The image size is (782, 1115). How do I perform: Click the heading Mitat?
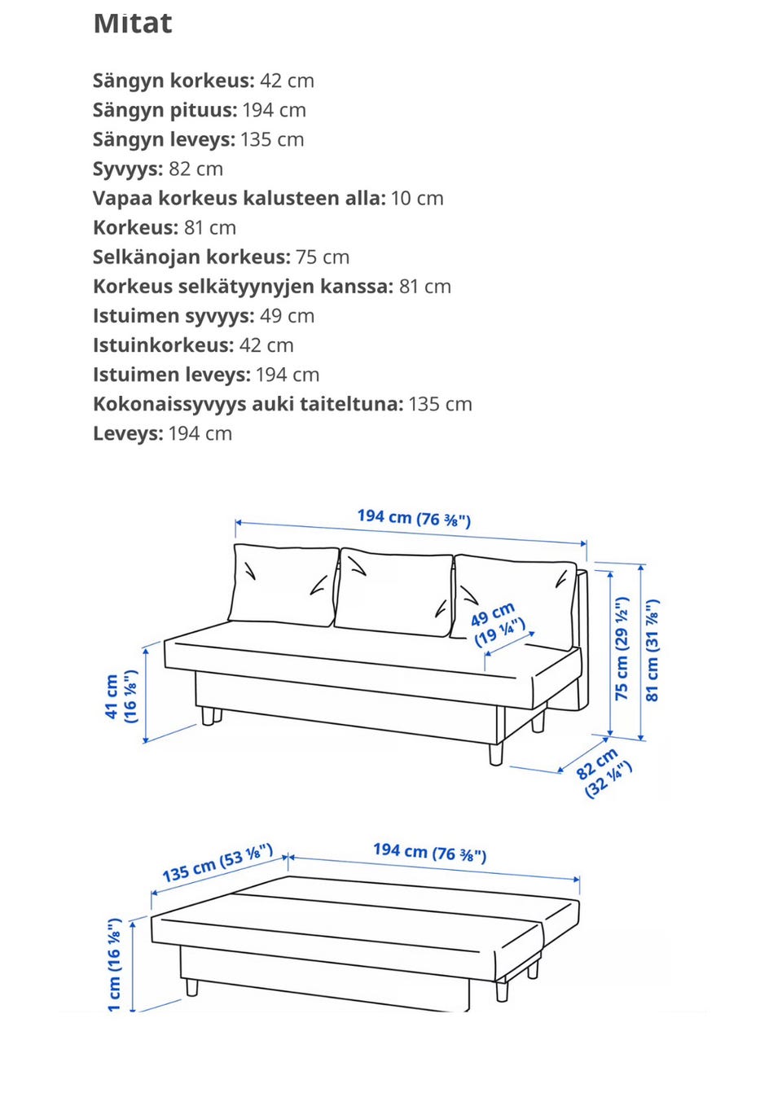(x=133, y=24)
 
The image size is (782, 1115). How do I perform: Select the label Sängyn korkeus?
(x=174, y=81)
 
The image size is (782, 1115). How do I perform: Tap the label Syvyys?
(x=128, y=169)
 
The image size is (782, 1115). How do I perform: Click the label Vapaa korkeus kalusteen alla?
(x=239, y=198)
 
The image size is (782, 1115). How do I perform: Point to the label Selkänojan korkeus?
(x=191, y=257)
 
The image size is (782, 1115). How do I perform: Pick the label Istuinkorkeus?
(x=163, y=345)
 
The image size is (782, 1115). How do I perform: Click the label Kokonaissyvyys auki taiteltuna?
(x=248, y=404)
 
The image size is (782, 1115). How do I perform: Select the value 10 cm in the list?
(x=417, y=198)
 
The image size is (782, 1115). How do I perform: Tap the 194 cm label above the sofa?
(x=414, y=517)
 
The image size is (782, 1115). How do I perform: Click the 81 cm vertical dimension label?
(x=652, y=650)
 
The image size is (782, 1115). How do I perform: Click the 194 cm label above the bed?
(x=429, y=852)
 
